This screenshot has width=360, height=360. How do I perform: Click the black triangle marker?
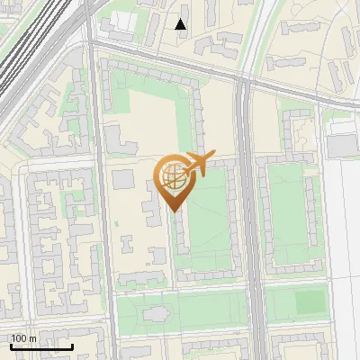pyautogui.click(x=181, y=24)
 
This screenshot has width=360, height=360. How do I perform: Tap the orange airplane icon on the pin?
pyautogui.click(x=199, y=163)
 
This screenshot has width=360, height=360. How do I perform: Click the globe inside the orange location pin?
pyautogui.click(x=172, y=177)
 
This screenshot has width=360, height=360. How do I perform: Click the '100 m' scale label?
pyautogui.click(x=23, y=338)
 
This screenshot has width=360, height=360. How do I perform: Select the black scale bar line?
pyautogui.click(x=40, y=346)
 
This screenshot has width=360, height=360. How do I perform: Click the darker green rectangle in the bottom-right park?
pyautogui.click(x=310, y=302)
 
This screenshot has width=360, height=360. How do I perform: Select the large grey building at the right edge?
pyautogui.click(x=343, y=143)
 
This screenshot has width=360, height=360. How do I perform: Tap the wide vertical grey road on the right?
pyautogui.click(x=249, y=225)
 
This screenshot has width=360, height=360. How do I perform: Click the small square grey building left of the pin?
pyautogui.click(x=121, y=178)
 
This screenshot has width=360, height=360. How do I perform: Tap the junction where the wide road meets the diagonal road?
pyautogui.click(x=244, y=81)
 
